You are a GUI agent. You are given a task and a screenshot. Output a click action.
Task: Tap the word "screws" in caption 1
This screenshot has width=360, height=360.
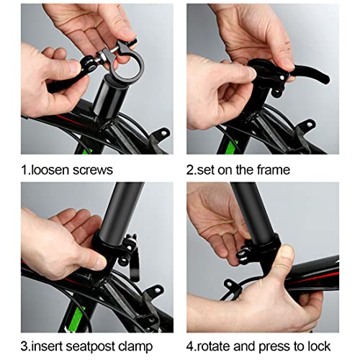tap(93, 171)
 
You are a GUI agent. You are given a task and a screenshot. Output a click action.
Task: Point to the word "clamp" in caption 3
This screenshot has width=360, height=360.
tap(135, 346)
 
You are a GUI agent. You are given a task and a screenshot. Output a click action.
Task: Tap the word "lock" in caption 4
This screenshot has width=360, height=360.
tap(318, 346)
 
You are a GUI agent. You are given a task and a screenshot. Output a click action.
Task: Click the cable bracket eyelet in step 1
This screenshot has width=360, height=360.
tap(163, 132)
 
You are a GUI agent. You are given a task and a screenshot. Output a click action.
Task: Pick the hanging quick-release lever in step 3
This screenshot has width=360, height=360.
tap(135, 266)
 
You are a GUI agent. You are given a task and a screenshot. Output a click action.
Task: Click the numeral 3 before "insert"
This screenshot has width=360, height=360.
tap(24, 346)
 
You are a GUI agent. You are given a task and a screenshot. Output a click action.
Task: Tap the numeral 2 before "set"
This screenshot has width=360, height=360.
tap(190, 170)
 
